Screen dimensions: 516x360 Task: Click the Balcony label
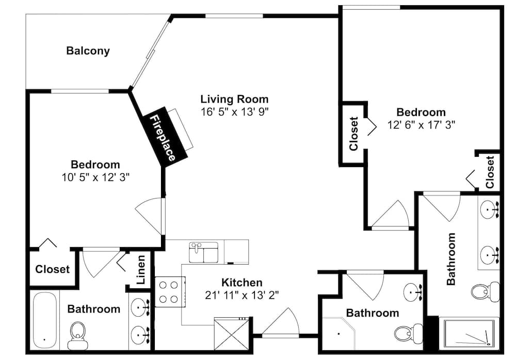tap(88, 51)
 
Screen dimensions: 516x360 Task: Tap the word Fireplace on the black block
tap(163, 138)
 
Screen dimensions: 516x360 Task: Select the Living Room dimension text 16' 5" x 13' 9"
tap(235, 112)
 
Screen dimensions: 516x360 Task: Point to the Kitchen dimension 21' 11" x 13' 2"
tap(242, 295)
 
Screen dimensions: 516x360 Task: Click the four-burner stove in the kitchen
tap(168, 292)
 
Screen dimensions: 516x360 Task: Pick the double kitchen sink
tap(204, 252)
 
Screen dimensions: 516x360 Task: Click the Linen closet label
tap(140, 270)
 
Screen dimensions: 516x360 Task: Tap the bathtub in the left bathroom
tap(45, 320)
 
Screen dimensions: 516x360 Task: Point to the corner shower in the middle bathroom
tap(338, 333)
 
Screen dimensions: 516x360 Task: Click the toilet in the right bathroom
tap(485, 291)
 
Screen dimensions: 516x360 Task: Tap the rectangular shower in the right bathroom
tap(469, 333)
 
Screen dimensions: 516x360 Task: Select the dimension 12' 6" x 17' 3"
tap(421, 125)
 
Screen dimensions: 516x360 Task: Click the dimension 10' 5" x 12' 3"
tap(95, 177)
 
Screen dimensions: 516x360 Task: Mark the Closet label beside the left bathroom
tap(52, 269)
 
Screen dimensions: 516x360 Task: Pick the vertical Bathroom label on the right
tap(451, 258)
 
